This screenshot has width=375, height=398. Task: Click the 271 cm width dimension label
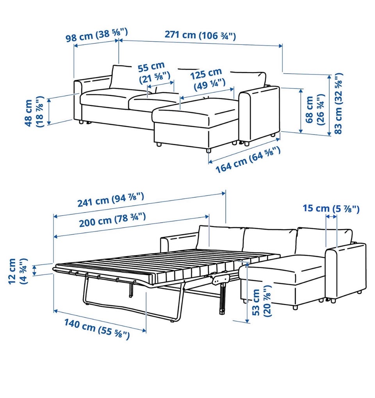pyautogui.click(x=200, y=35)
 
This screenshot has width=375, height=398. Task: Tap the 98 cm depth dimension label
pyautogui.click(x=96, y=35)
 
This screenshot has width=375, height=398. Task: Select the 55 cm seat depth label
pyautogui.click(x=154, y=73)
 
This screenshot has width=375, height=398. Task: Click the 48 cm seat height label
pyautogui.click(x=34, y=112)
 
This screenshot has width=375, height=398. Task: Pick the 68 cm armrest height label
pyautogui.click(x=315, y=110)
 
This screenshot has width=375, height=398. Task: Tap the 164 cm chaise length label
pyautogui.click(x=248, y=160)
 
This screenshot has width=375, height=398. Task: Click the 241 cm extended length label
pyautogui.click(x=111, y=200)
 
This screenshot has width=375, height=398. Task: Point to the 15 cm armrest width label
pyautogui.click(x=331, y=209)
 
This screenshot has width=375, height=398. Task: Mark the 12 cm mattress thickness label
pyautogui.click(x=18, y=271)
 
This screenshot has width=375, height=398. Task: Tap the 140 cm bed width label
pyautogui.click(x=96, y=329)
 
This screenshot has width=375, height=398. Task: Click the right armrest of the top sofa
pyautogui.click(x=259, y=114)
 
